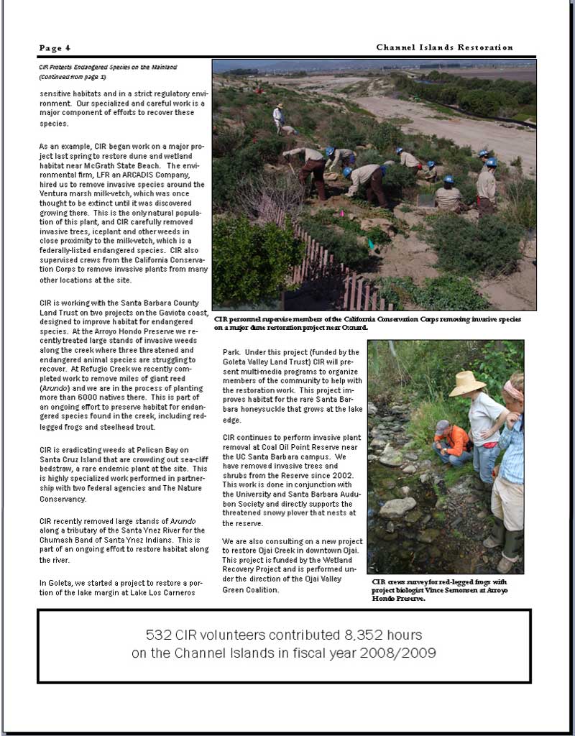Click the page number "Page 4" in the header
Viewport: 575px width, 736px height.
[x=55, y=48]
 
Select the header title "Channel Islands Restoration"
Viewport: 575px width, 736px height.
[x=444, y=47]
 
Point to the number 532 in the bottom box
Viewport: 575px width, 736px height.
[x=159, y=635]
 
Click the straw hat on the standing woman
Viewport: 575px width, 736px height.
[x=467, y=384]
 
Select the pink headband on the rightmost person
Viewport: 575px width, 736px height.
[x=513, y=391]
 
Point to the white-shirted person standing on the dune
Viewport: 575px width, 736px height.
[x=278, y=116]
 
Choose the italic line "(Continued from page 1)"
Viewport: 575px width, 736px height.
[x=72, y=76]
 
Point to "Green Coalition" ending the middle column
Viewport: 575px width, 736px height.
[x=250, y=590]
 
